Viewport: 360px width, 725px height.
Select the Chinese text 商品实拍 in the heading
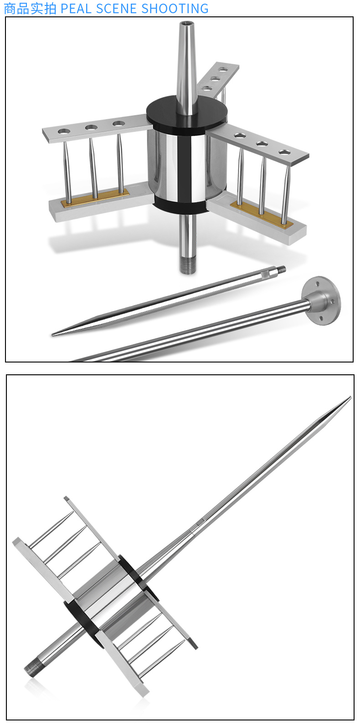30,8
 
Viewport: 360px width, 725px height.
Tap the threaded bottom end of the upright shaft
188,265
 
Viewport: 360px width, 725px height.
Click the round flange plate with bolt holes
321,301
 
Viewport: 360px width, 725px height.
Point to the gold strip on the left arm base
95,198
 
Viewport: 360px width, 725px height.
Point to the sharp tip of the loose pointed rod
53,335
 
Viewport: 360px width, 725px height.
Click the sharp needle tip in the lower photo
350,398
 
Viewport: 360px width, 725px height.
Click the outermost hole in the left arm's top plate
64,132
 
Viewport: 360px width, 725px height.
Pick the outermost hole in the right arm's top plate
284,152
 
